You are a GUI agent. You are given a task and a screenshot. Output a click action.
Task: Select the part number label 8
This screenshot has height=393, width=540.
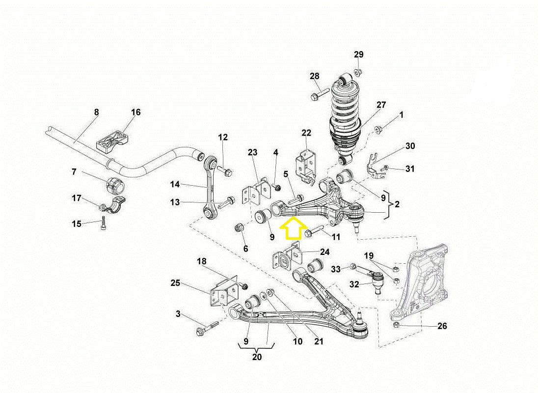pos(96,112)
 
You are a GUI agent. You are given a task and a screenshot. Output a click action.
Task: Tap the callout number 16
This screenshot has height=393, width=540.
pos(135,112)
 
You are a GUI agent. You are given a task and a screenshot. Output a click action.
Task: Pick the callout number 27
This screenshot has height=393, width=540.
pos(381,105)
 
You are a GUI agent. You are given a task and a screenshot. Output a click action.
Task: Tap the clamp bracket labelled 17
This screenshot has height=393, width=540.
pos(112,205)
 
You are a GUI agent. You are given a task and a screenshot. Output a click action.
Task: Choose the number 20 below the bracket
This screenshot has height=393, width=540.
pos(257,357)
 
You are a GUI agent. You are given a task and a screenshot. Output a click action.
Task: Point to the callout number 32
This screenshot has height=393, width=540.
pos(354,283)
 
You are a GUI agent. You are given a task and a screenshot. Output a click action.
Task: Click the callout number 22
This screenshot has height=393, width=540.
pos(306,133)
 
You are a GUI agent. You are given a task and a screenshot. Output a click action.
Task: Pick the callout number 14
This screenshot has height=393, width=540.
pos(175,184)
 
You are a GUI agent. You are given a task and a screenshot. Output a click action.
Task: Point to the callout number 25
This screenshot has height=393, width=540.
pos(175,283)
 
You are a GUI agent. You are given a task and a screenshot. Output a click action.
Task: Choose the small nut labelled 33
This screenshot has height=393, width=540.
pos(353,267)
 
